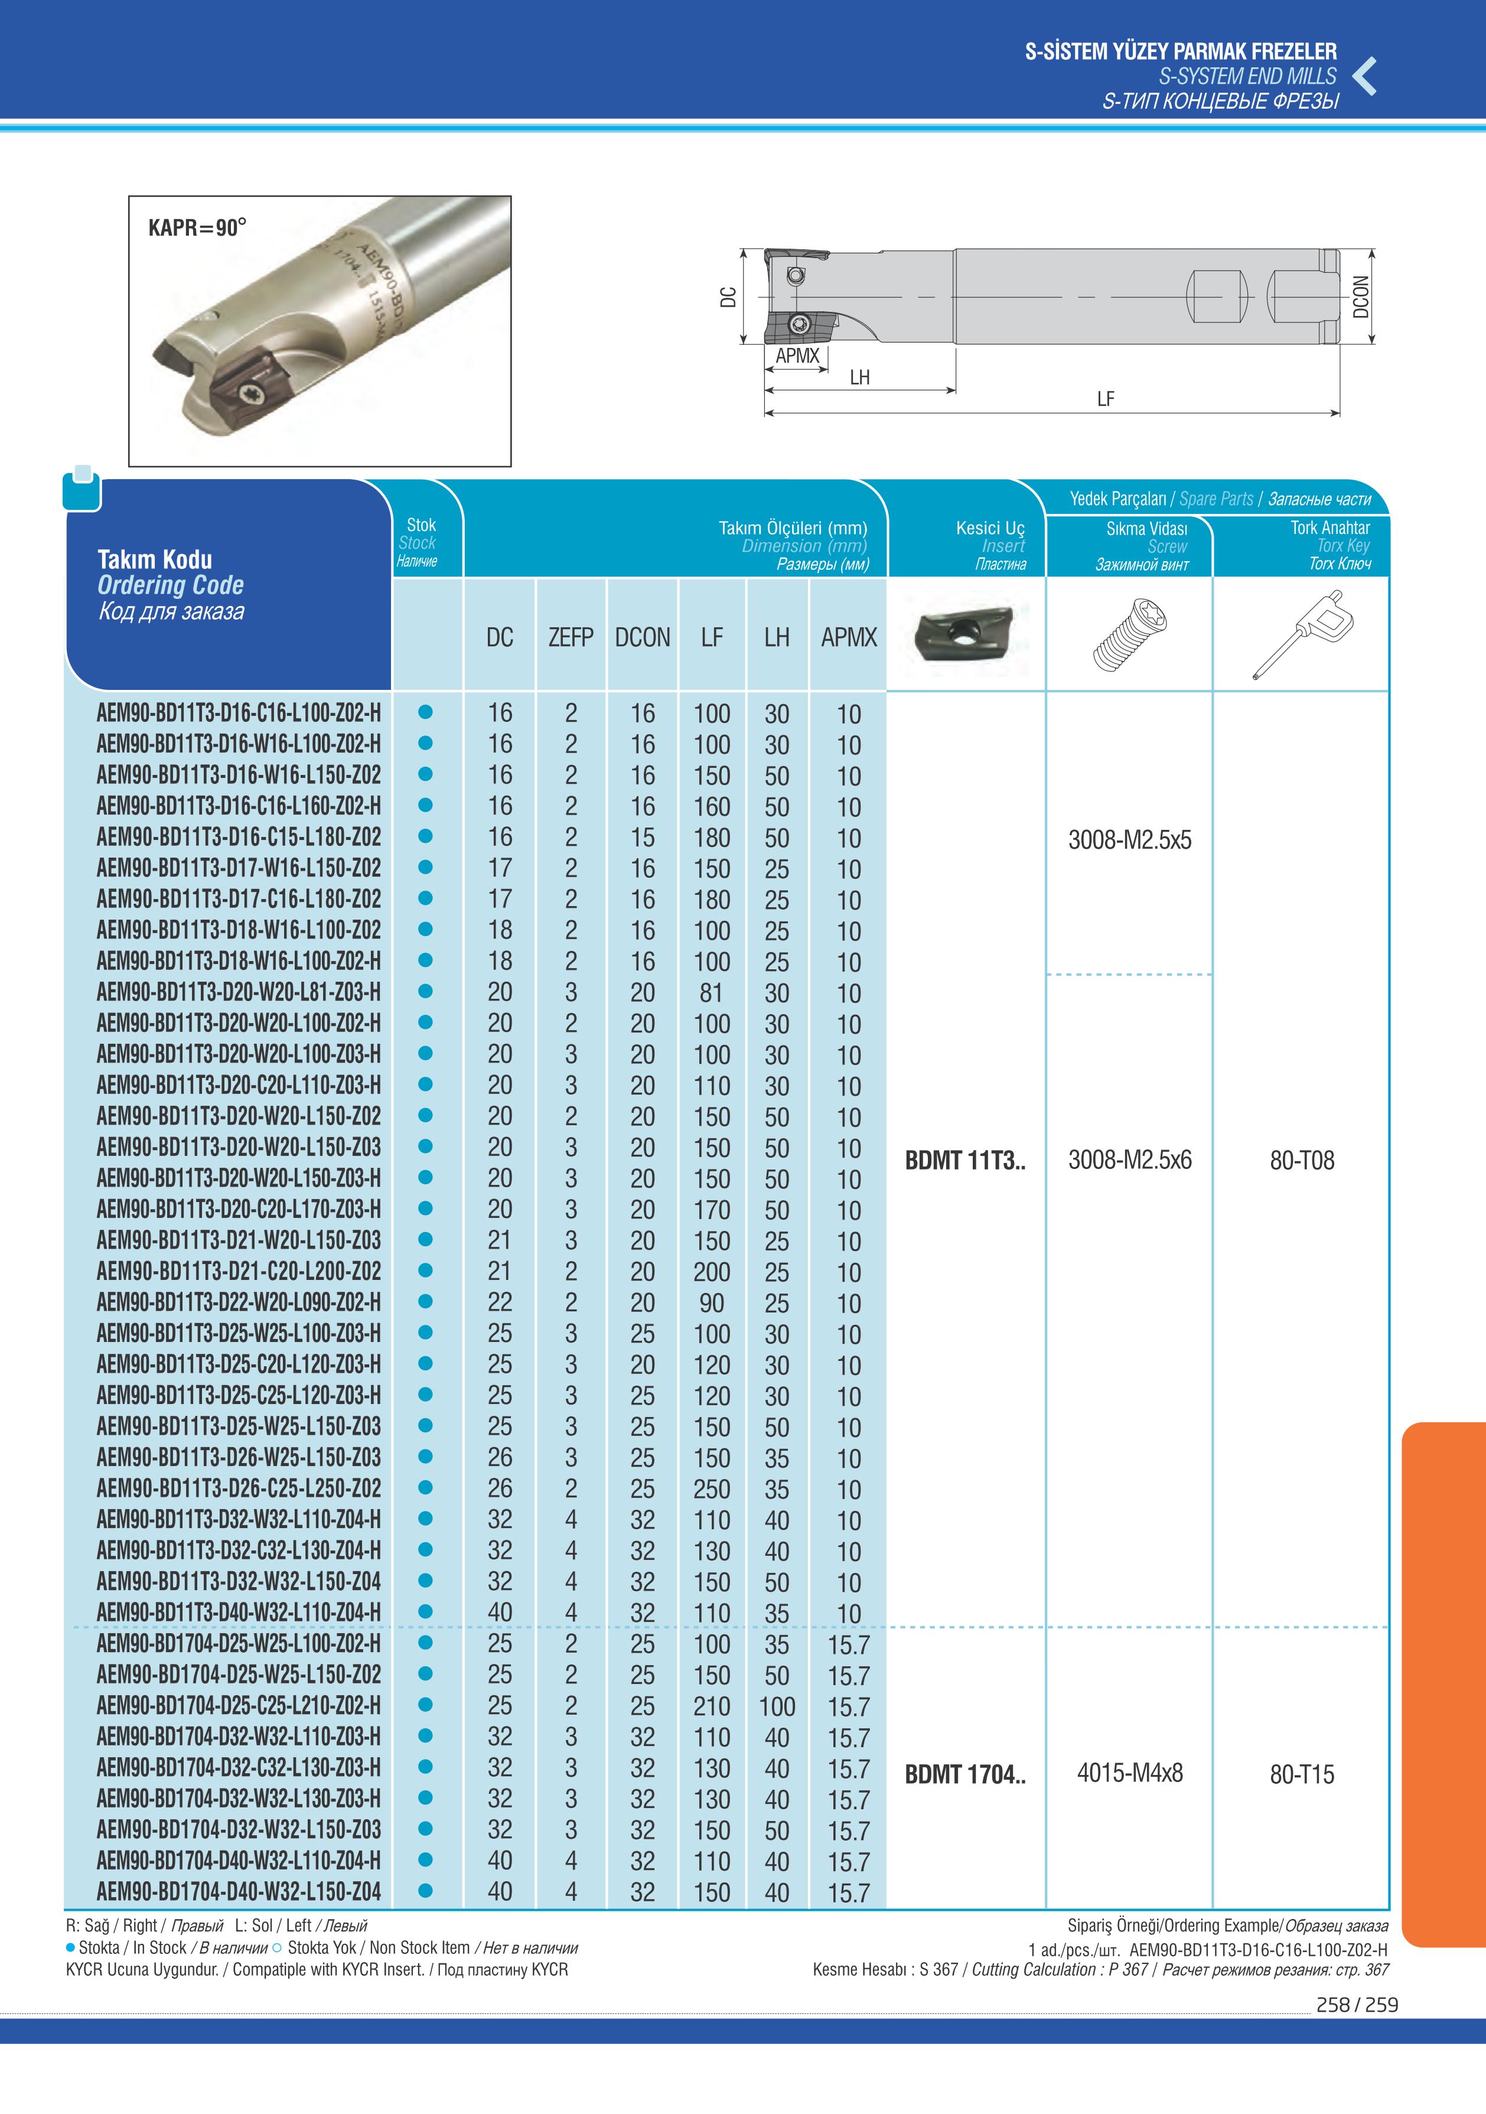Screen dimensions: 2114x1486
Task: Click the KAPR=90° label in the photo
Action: tap(197, 227)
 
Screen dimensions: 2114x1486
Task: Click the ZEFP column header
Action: tap(571, 637)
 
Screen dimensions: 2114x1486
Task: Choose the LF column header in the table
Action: tap(712, 637)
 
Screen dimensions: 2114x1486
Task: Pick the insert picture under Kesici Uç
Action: tap(964, 633)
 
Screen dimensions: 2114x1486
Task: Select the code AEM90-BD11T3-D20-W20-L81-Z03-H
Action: tap(239, 992)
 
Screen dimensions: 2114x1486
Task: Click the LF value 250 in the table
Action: tap(712, 1489)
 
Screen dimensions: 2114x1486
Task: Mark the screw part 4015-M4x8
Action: tap(1130, 1773)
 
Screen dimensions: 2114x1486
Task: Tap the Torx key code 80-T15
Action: tap(1301, 1774)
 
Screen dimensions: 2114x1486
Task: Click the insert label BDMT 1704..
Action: tap(964, 1774)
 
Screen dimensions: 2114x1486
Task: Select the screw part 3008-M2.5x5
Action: tap(1130, 840)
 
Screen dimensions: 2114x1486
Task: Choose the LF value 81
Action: tap(712, 992)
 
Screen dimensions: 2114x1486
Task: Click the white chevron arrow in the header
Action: tap(1366, 76)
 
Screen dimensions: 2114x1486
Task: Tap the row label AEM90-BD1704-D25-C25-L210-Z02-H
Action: tap(239, 1705)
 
